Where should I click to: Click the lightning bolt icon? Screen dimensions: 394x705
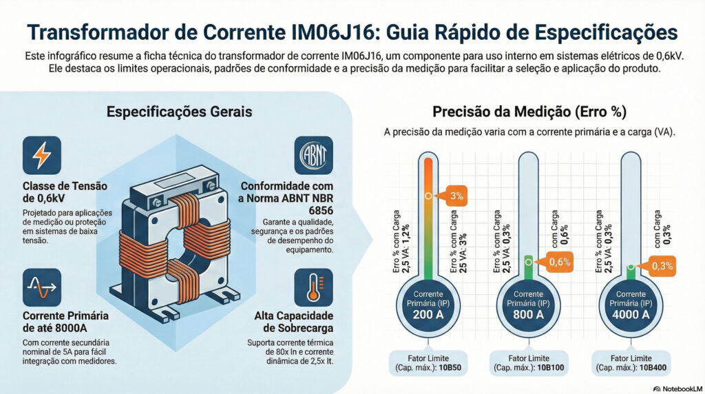(x=41, y=155)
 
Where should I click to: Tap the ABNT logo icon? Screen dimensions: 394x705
(x=313, y=155)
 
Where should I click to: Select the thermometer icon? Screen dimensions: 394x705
(x=313, y=287)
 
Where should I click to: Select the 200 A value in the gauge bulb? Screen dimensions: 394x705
(x=428, y=315)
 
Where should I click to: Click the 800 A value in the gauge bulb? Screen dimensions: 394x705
(x=528, y=315)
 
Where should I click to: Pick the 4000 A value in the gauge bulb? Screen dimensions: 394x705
(x=630, y=315)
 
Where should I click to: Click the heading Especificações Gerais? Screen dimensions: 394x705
(x=179, y=111)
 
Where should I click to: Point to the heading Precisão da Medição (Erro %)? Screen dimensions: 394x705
(x=529, y=111)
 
